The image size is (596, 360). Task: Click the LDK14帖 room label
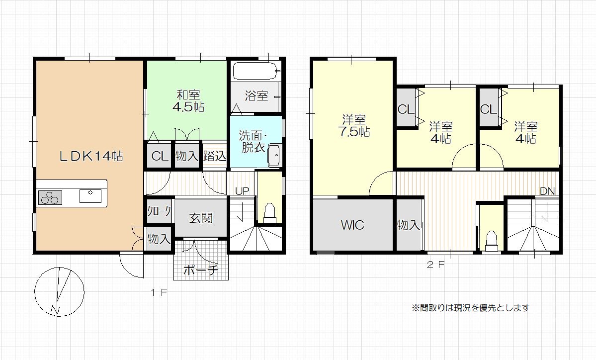pyautogui.click(x=91, y=156)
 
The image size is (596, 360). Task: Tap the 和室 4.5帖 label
pyautogui.click(x=188, y=101)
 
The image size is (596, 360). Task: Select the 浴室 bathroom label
pyautogui.click(x=256, y=95)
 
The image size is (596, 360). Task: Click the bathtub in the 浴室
pyautogui.click(x=256, y=71)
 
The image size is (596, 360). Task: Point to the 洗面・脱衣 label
pyautogui.click(x=254, y=141)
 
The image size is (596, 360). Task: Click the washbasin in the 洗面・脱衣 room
pyautogui.click(x=274, y=155)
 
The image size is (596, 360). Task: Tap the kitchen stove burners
pyautogui.click(x=50, y=198)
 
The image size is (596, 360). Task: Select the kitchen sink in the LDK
pyautogui.click(x=90, y=196)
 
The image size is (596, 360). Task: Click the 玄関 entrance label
pyautogui.click(x=201, y=218)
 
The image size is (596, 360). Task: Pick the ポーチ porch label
pyautogui.click(x=201, y=270)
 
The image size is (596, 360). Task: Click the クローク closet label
pyautogui.click(x=159, y=211)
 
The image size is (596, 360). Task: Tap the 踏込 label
pyautogui.click(x=215, y=156)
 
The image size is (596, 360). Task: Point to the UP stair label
pyautogui.click(x=242, y=190)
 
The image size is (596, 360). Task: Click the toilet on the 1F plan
pyautogui.click(x=270, y=213)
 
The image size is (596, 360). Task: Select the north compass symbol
pyautogui.click(x=59, y=291)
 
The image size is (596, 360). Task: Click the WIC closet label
pyautogui.click(x=352, y=225)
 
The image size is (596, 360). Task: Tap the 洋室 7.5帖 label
pyautogui.click(x=354, y=126)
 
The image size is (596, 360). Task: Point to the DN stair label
pyautogui.click(x=547, y=191)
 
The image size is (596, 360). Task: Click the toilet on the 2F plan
pyautogui.click(x=492, y=241)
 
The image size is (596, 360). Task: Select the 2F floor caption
pyautogui.click(x=435, y=265)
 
